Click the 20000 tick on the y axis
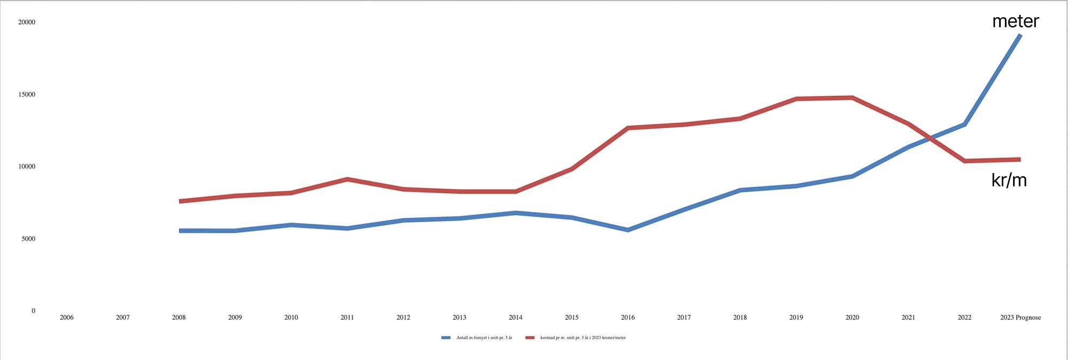point(27,22)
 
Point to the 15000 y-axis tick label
point(27,95)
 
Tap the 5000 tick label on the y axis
point(28,239)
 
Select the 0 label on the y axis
point(33,311)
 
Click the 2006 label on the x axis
point(67,317)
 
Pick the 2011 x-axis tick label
point(347,317)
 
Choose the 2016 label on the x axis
point(628,317)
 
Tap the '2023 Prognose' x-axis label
point(1020,317)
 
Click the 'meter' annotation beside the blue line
point(1015,21)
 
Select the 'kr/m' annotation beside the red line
point(1009,180)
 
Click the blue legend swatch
point(446,338)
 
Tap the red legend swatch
point(530,338)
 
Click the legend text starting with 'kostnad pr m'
point(583,338)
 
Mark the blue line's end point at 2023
point(1020,35)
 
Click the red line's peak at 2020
point(852,98)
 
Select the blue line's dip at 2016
point(628,230)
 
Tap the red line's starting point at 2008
point(180,201)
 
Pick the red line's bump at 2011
point(347,179)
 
